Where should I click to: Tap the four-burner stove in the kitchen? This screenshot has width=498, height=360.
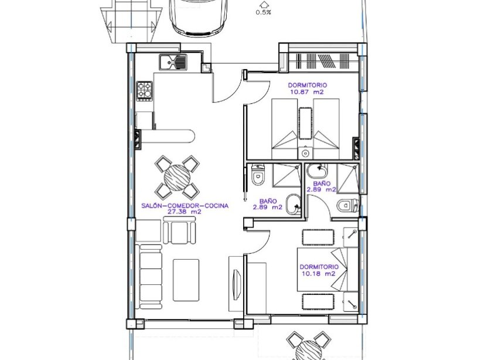tap(144, 90)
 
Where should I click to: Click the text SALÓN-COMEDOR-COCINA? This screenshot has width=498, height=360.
tap(185, 206)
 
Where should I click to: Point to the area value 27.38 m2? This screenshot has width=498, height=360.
tap(185, 212)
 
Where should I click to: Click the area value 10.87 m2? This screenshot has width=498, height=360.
tap(306, 92)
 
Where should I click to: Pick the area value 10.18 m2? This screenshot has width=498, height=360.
tap(318, 273)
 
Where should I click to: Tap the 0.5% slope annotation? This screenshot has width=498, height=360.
tap(263, 12)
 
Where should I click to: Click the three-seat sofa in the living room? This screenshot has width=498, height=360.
tap(150, 276)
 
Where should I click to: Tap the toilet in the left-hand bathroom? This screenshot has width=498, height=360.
tap(257, 175)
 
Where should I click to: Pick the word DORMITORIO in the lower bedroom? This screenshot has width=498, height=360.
tap(317, 267)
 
